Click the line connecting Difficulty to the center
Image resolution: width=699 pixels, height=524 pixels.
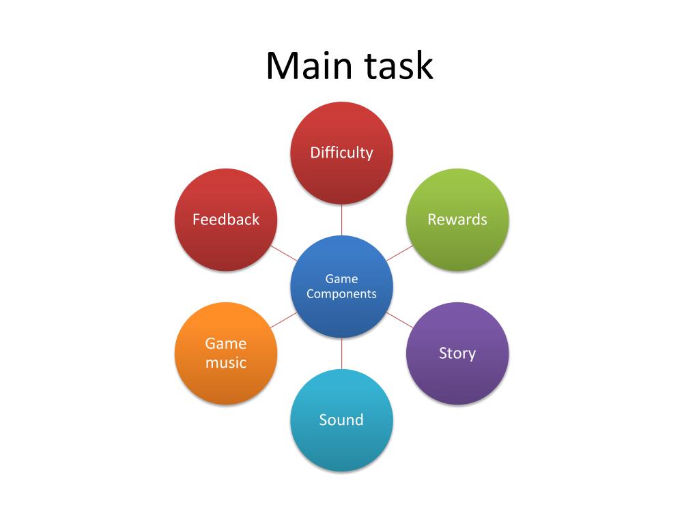coord(341,220)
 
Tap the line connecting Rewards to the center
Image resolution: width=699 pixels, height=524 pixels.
coord(399,253)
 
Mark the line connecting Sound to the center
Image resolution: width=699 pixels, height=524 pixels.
coord(341,353)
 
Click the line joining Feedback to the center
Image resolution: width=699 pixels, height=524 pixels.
coord(284,253)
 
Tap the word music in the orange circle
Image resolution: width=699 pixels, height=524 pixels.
coord(226,362)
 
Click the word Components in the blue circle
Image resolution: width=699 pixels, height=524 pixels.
coord(341,294)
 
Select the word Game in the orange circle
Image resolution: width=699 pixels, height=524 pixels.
coord(226,343)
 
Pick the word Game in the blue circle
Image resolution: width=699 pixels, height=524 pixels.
coord(341,278)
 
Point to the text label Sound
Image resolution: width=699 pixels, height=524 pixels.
coord(341,420)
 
